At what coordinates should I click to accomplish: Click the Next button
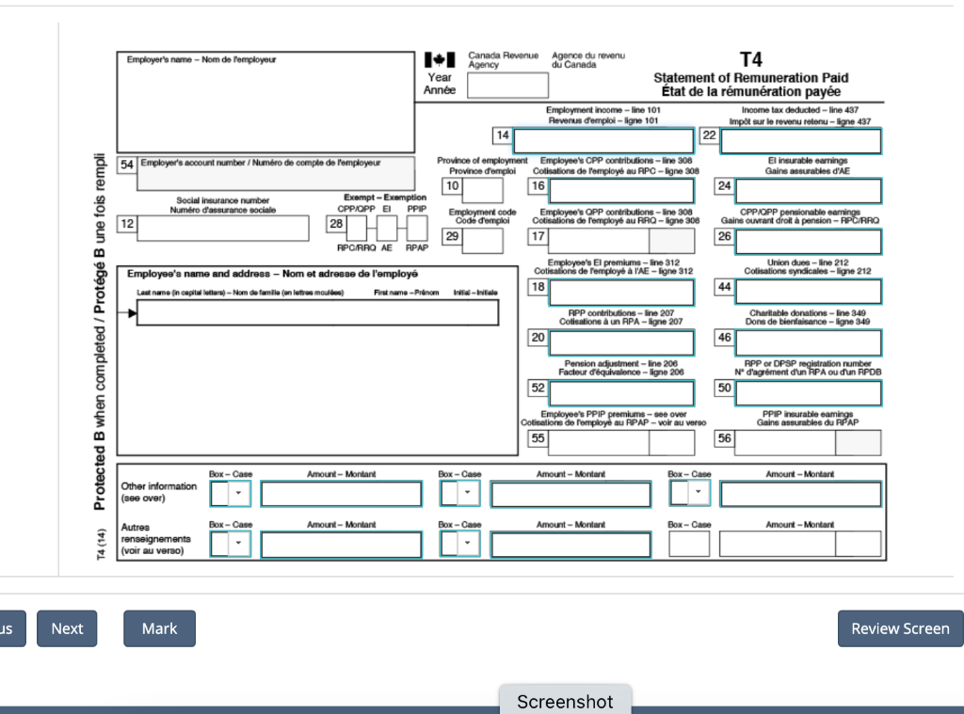(67, 628)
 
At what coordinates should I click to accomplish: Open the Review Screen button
(900, 628)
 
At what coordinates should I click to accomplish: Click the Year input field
(507, 86)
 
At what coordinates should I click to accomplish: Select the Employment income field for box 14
(603, 141)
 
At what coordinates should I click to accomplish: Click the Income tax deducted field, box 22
(801, 141)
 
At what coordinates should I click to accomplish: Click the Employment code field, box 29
(483, 241)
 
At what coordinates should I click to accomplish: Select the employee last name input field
(318, 313)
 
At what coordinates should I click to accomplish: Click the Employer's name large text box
(265, 103)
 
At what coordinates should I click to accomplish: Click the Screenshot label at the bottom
(565, 701)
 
